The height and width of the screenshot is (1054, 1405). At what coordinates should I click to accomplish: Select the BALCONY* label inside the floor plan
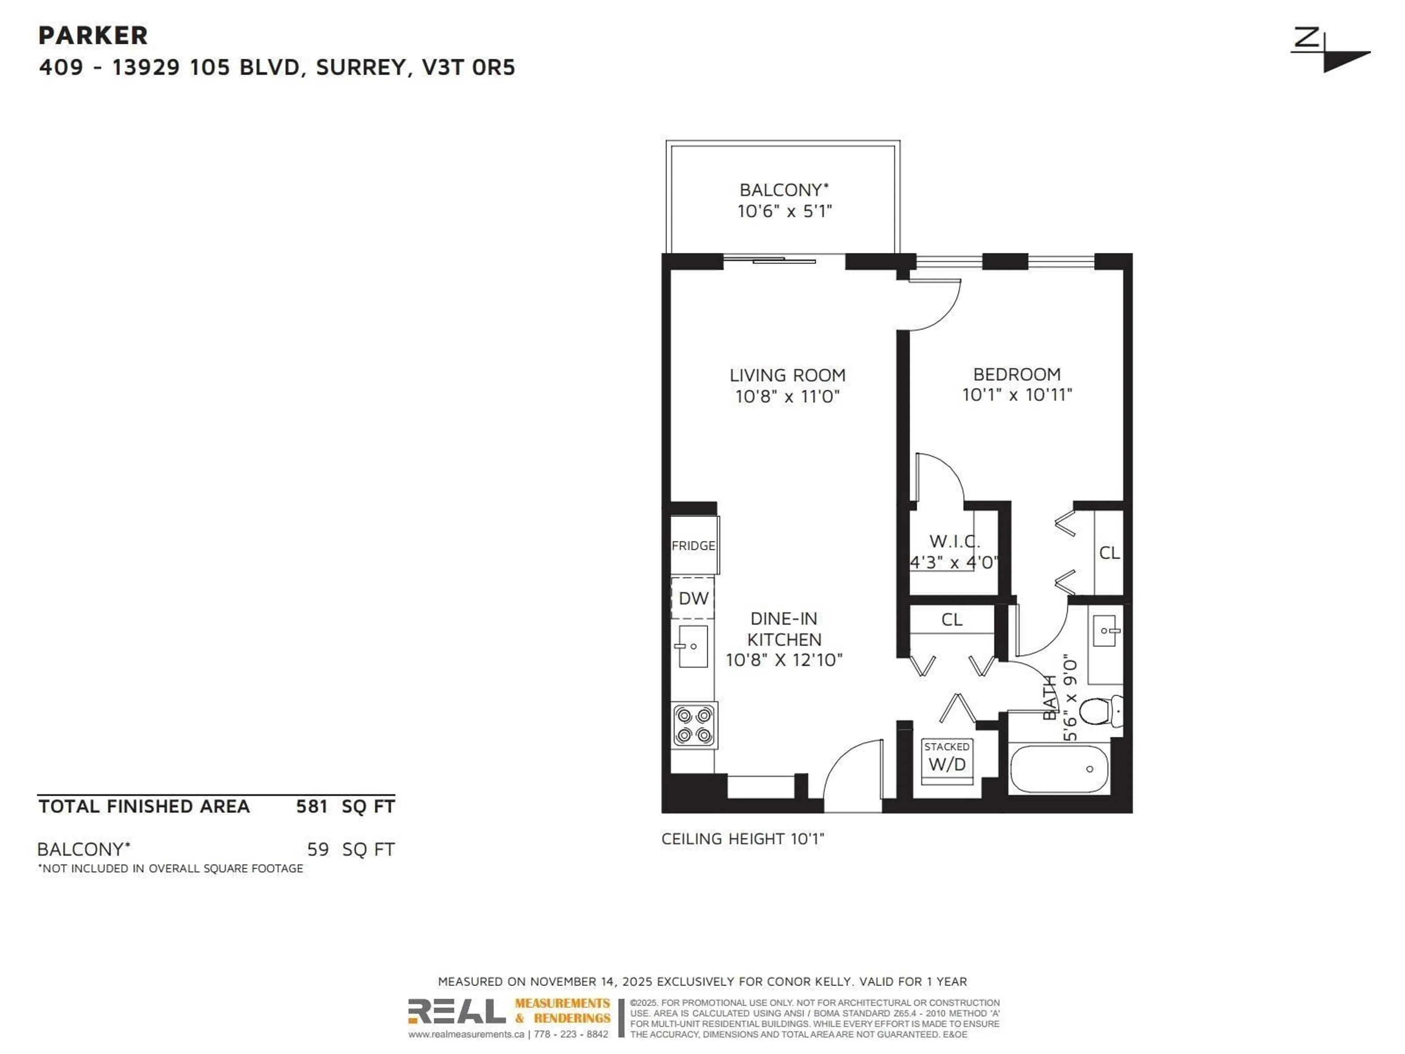pos(784,190)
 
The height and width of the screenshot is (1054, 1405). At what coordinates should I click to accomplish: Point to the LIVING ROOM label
pos(787,375)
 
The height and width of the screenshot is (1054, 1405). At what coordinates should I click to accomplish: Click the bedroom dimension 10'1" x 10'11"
pos(1017,395)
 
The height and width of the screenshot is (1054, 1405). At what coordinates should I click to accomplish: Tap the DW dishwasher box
pos(693,598)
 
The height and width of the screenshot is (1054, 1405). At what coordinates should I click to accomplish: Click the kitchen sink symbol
pos(692,647)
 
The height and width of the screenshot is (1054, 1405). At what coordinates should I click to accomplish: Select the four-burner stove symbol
pos(694,725)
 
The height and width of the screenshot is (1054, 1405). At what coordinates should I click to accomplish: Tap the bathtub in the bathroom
pos(1059,769)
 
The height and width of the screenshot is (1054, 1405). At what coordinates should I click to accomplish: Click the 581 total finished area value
pos(312,807)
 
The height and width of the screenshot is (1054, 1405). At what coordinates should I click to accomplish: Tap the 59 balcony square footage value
pos(318,849)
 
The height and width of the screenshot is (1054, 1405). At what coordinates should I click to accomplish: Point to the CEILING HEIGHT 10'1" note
pos(742,839)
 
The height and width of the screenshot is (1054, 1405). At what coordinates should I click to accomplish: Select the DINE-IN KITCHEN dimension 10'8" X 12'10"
pos(784,660)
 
